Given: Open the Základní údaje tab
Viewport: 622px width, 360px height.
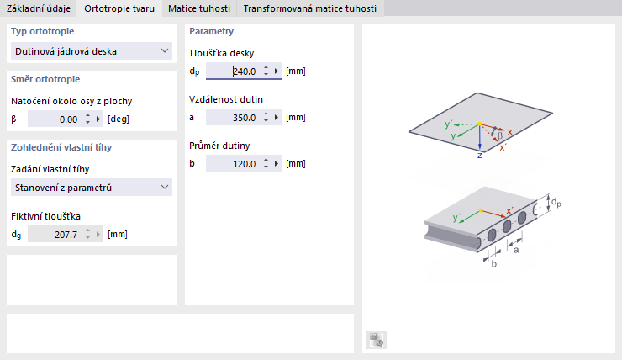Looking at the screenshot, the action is click(x=39, y=8).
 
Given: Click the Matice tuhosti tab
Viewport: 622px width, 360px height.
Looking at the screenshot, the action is click(x=199, y=8).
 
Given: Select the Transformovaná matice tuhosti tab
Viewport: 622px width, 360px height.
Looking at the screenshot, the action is click(x=310, y=8).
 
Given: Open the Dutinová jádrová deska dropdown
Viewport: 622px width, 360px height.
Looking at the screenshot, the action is click(x=92, y=51).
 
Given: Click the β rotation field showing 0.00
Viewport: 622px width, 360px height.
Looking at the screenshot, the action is click(x=55, y=119).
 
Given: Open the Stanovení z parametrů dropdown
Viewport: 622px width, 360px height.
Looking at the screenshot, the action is click(x=92, y=188).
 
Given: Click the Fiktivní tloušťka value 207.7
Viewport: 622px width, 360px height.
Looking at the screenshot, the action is click(x=55, y=235).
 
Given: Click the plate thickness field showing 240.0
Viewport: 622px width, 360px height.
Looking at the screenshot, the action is click(x=234, y=71).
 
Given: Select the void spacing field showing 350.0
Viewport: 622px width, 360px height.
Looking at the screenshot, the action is click(x=234, y=118).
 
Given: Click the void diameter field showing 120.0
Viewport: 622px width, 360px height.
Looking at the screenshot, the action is click(x=234, y=163).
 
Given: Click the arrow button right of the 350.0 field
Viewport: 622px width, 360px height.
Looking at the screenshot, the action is click(x=277, y=118).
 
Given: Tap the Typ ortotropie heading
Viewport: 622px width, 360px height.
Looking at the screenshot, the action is click(x=42, y=31).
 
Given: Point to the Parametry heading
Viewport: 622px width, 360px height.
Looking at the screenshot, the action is click(x=212, y=31).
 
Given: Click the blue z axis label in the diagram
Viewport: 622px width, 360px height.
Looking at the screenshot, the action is click(x=480, y=156).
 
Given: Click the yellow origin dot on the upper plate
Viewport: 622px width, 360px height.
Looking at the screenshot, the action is click(x=480, y=124).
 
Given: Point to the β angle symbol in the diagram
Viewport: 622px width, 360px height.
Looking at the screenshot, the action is click(x=500, y=135).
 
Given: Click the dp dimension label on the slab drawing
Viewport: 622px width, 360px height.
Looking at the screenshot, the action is click(x=556, y=203).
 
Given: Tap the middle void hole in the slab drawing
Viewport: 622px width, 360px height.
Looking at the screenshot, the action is click(x=507, y=226).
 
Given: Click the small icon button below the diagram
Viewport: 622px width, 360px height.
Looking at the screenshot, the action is click(x=377, y=340).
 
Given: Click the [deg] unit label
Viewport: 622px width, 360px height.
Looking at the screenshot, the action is click(x=119, y=119).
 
